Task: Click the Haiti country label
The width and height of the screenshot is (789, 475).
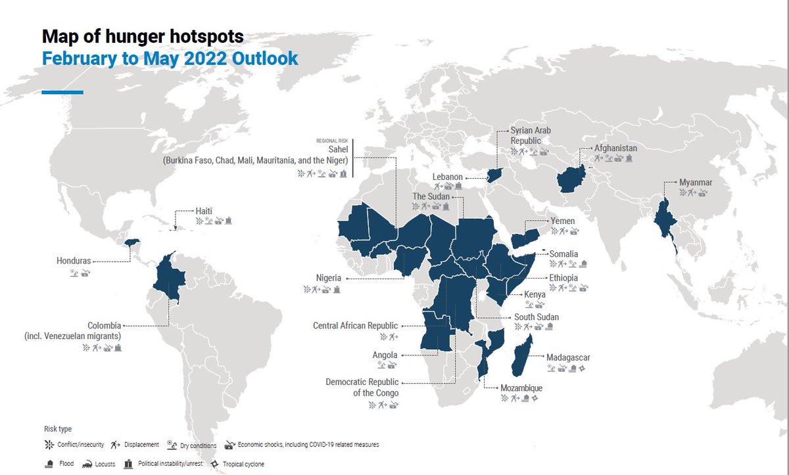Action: [x=203, y=211]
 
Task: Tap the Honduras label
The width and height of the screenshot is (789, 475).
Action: [x=73, y=261]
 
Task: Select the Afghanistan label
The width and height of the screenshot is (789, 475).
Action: [x=615, y=148]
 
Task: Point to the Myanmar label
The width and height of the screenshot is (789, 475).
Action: [x=696, y=182]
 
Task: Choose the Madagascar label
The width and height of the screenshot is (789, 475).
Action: [x=568, y=357]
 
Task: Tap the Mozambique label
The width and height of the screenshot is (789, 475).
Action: [x=521, y=388]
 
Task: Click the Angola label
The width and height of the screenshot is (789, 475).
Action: [x=385, y=355]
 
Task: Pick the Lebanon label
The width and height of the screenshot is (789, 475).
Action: [x=448, y=177]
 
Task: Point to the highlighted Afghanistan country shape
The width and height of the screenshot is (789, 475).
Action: [x=572, y=178]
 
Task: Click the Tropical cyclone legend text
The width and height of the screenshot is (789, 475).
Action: [x=244, y=464]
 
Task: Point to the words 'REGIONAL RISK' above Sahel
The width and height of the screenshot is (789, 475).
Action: [x=332, y=141]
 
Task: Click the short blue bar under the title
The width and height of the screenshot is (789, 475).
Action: [x=62, y=92]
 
